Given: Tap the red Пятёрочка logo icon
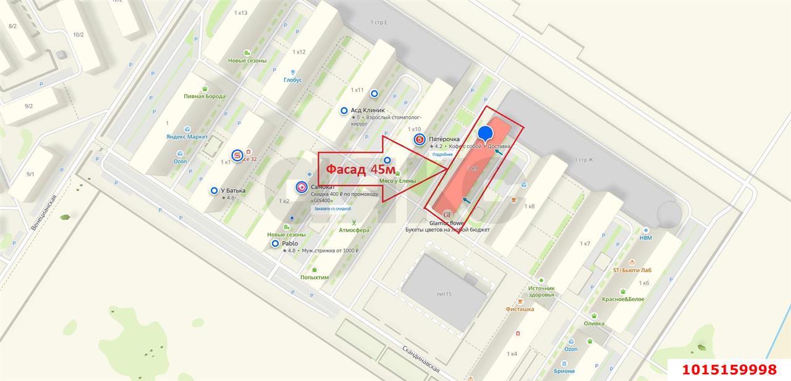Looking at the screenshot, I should [420, 139].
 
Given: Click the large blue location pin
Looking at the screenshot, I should [486, 134].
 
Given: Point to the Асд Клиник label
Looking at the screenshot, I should [372, 110].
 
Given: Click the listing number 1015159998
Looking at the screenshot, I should [729, 370].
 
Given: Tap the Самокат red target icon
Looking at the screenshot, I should [302, 187].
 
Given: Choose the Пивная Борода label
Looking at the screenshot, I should [205, 96].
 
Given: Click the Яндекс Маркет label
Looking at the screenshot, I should [187, 137].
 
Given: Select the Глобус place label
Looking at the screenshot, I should [294, 80].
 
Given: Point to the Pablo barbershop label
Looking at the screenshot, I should [290, 244].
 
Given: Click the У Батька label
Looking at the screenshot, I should [232, 191].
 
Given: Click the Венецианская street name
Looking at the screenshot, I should [44, 213].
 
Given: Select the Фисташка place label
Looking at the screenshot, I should [520, 309].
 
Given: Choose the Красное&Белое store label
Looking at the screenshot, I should [624, 299].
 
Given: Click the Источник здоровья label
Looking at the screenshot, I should [541, 291].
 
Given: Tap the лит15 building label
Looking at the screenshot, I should [444, 294].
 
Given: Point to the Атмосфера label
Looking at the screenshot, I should [354, 230].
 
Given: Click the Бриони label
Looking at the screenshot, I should [564, 371].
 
